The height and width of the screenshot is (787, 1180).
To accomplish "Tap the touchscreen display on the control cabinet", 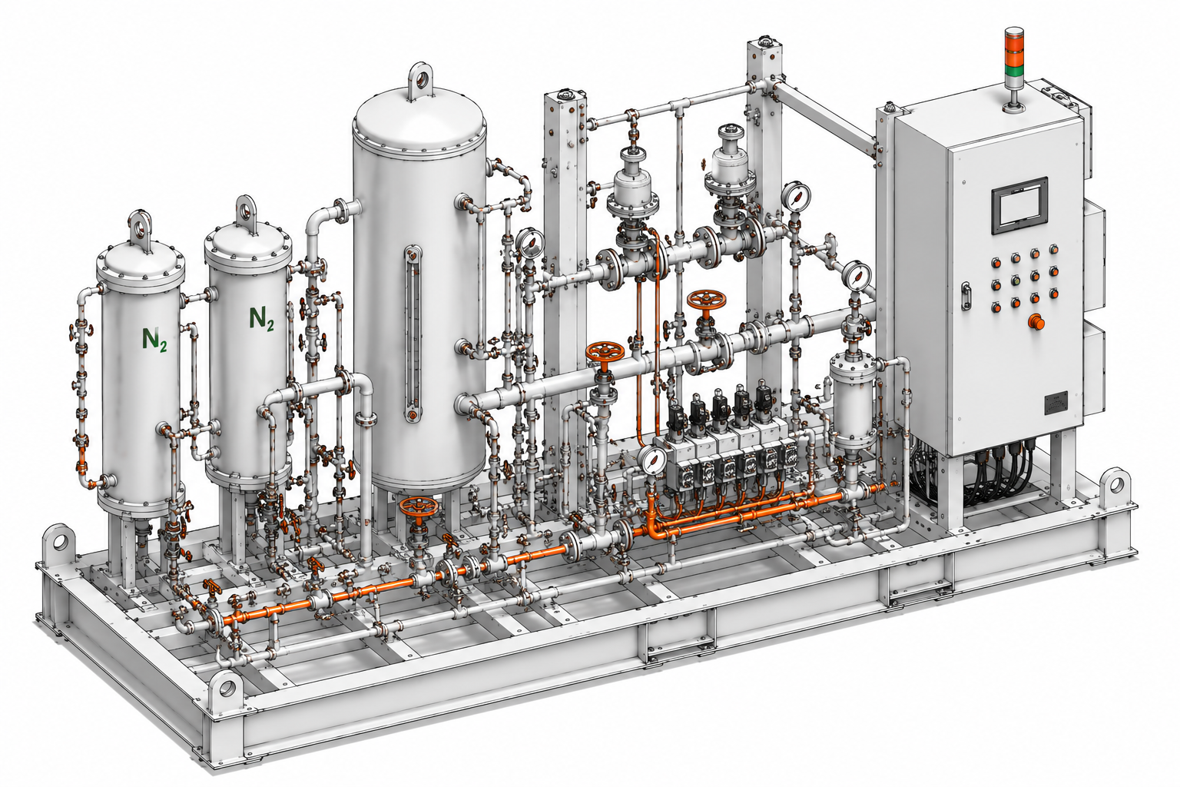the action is point(1020,204).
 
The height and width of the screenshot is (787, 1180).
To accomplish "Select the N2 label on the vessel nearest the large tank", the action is point(261,318).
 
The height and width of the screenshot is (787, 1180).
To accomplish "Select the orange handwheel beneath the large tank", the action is point(419,507).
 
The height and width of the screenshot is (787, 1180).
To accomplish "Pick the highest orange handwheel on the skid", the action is point(706,301).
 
